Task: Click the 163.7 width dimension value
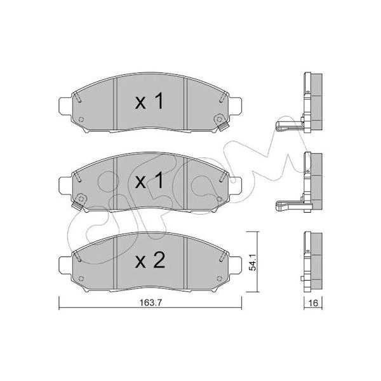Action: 150,302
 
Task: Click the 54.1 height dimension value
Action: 253,262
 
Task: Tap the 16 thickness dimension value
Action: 314,303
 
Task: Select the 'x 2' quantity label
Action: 150,260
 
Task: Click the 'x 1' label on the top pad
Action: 149,102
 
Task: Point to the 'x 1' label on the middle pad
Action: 149,181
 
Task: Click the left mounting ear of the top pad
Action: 65,105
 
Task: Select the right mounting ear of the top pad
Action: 235,105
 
